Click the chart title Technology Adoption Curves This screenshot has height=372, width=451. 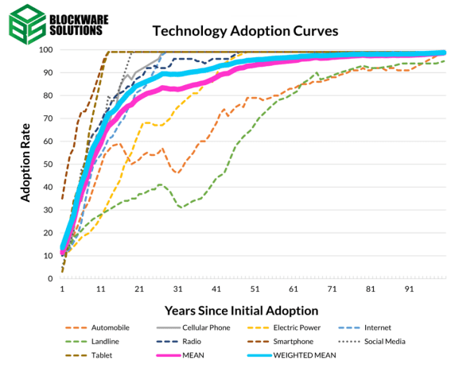tap(245, 31)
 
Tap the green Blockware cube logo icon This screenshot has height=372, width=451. tap(27, 25)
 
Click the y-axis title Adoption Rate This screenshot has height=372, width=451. tap(25, 163)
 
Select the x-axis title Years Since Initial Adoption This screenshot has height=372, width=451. tap(241, 311)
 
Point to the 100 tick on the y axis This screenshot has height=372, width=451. tap(46, 50)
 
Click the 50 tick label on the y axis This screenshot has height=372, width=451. tap(49, 165)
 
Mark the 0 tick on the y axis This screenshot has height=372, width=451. tap(50, 278)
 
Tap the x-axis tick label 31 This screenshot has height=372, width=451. tap(177, 289)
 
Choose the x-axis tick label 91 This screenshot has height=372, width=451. tap(410, 289)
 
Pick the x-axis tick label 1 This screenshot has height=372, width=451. tap(62, 289)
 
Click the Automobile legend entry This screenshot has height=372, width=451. tap(97, 327)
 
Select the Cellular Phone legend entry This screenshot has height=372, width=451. tap(193, 327)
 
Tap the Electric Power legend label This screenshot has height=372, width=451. tap(297, 327)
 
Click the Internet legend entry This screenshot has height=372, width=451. tap(365, 327)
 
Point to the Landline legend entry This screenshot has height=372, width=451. tap(92, 342)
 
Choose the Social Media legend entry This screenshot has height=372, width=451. tap(372, 342)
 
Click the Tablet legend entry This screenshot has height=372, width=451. tap(88, 355)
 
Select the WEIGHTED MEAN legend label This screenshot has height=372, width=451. tap(305, 355)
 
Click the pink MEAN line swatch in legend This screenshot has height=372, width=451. tap(169, 355)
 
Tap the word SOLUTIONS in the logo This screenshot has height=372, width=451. tap(76, 30)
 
